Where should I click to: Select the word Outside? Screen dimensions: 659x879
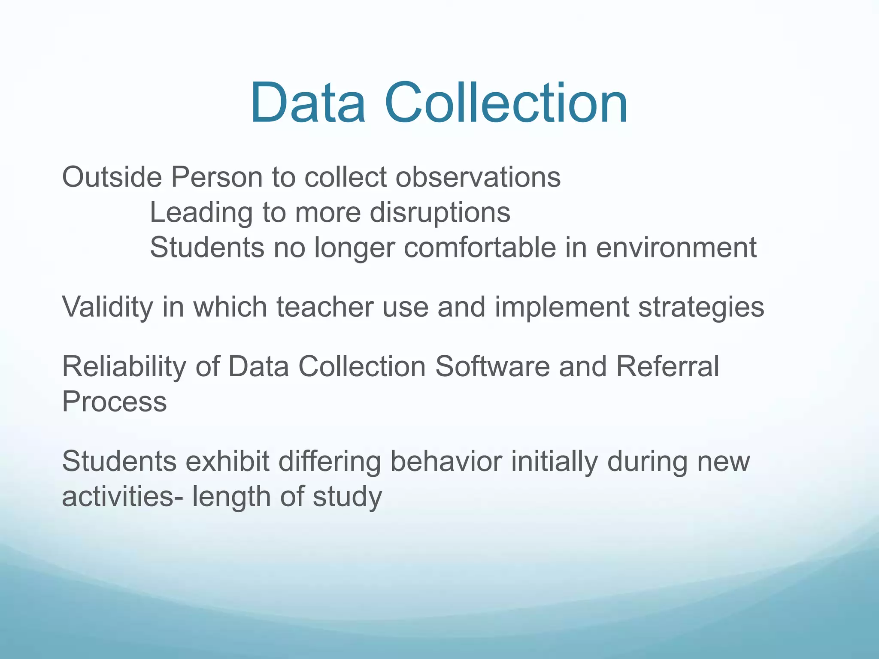tap(112, 177)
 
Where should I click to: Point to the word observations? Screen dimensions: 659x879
tap(478, 177)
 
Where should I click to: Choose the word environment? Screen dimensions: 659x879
tap(676, 248)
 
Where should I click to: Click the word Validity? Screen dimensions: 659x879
tap(107, 307)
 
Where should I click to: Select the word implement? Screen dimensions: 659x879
tap(562, 307)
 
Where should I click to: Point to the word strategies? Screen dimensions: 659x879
tap(701, 307)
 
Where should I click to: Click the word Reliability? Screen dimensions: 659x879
tap(124, 367)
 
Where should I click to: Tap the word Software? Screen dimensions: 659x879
tap(492, 367)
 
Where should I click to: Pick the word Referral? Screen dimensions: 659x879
tap(667, 367)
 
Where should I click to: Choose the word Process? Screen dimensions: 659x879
tap(114, 402)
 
